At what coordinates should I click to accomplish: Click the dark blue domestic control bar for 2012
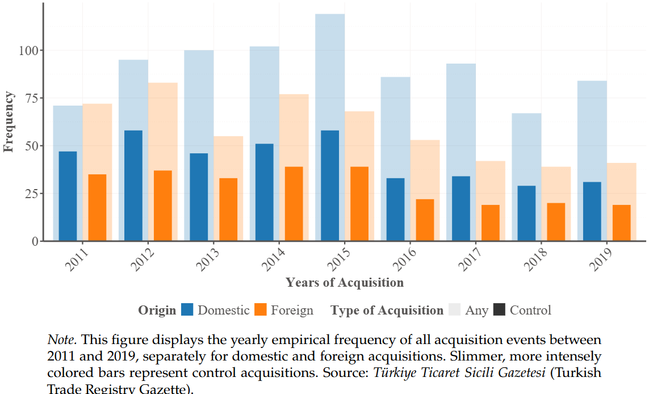pyautogui.click(x=133, y=186)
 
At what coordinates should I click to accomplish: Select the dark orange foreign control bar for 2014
pyautogui.click(x=294, y=203)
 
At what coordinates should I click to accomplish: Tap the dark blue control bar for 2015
pyautogui.click(x=330, y=186)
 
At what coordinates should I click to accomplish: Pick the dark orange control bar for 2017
pyautogui.click(x=491, y=223)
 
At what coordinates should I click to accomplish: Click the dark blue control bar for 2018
pyautogui.click(x=526, y=213)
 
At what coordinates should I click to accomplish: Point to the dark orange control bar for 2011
pyautogui.click(x=97, y=207)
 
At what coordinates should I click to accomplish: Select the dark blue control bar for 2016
pyautogui.click(x=395, y=209)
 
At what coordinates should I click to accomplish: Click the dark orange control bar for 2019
pyautogui.click(x=621, y=223)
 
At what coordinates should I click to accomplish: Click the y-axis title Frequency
pyautogui.click(x=9, y=121)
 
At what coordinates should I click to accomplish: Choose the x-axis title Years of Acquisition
pyautogui.click(x=345, y=282)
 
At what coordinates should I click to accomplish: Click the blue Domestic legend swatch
pyautogui.click(x=187, y=310)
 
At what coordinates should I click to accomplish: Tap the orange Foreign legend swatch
pyautogui.click(x=261, y=310)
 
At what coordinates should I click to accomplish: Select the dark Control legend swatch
pyautogui.click(x=499, y=310)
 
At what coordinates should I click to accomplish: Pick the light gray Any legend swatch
pyautogui.click(x=454, y=310)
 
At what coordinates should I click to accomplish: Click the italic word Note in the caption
pyautogui.click(x=60, y=339)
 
